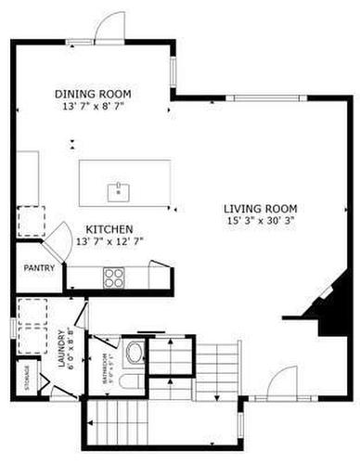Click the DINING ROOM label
[92, 94]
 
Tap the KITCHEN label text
[109, 228]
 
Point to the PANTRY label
[39, 268]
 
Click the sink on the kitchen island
[118, 192]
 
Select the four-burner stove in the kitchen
[114, 276]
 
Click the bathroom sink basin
[135, 353]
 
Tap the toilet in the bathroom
[131, 382]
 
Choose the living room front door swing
[282, 381]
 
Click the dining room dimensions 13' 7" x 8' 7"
[92, 108]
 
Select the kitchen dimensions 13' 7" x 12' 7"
[109, 241]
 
